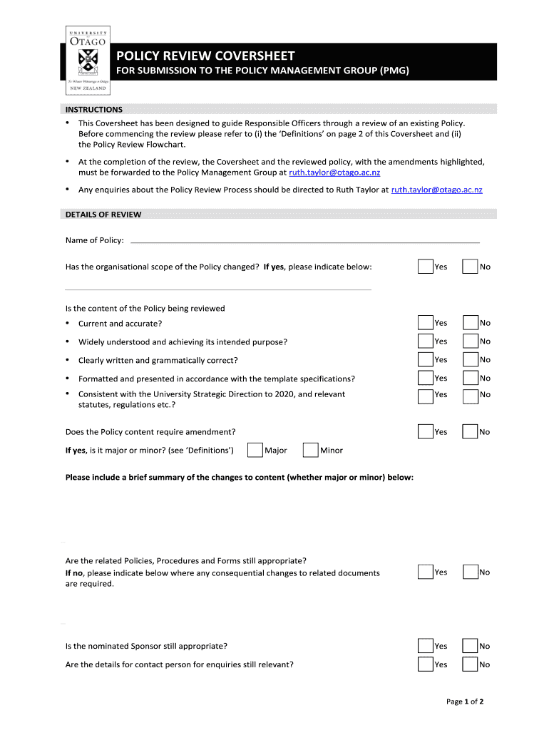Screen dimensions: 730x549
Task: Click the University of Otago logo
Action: pos(88,61)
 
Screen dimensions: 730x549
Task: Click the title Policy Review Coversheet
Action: pos(205,56)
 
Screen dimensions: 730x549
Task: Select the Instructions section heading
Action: pos(94,110)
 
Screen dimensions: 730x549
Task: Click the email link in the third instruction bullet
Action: pos(437,190)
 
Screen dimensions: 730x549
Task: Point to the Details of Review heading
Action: pos(103,215)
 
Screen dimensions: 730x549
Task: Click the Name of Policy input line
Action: pos(305,241)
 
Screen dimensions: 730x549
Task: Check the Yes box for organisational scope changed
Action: pos(426,267)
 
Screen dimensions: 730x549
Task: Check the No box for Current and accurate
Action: pos(470,323)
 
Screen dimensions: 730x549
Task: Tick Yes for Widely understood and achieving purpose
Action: pos(426,341)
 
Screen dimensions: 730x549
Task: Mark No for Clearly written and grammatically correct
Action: pos(470,360)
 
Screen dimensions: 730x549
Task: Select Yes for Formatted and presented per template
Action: pos(426,379)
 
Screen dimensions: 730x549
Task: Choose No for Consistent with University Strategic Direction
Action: pos(470,396)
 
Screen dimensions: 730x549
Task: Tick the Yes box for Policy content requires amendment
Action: pos(426,432)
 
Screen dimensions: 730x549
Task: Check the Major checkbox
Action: pos(255,451)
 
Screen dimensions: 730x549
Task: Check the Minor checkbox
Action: pos(310,451)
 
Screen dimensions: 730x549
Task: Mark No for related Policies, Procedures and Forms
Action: pos(470,572)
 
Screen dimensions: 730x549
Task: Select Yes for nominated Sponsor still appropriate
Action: pos(426,646)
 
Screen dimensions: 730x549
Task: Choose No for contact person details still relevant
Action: pos(470,664)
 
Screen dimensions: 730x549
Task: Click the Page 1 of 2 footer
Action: pos(465,701)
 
